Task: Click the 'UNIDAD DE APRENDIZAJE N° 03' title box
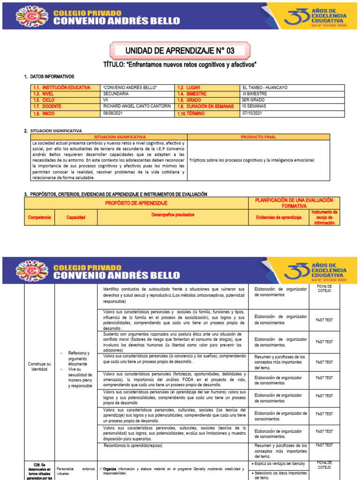pyautogui.click(x=180, y=51)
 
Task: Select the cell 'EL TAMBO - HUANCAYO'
pyautogui.click(x=265, y=88)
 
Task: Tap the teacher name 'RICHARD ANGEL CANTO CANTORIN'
pyautogui.click(x=137, y=106)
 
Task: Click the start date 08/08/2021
pyautogui.click(x=113, y=113)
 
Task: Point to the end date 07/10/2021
pyautogui.click(x=252, y=113)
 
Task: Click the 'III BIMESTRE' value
pyautogui.click(x=255, y=94)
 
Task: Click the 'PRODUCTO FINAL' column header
pyautogui.click(x=258, y=137)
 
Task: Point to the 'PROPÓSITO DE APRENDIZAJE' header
pyautogui.click(x=136, y=203)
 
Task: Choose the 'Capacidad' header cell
pyautogui.click(x=75, y=217)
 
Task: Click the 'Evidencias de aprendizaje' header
pyautogui.click(x=278, y=217)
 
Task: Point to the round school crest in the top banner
pyautogui.click(x=32, y=16)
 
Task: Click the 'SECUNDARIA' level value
pyautogui.click(x=116, y=94)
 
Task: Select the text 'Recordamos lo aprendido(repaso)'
pyautogui.click(x=134, y=445)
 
